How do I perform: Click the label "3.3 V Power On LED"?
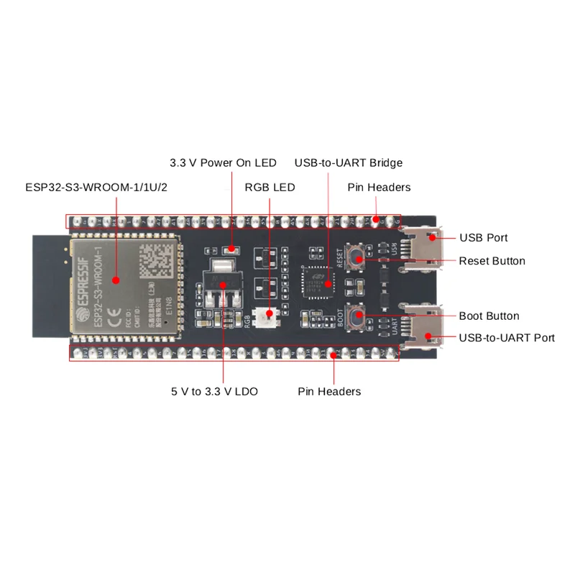pyautogui.click(x=223, y=163)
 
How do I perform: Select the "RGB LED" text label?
pyautogui.click(x=270, y=188)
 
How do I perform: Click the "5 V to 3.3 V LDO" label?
pyautogui.click(x=214, y=392)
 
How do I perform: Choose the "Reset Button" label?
pyautogui.click(x=492, y=261)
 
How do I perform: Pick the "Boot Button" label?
pyautogui.click(x=489, y=316)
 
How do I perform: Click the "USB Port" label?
pyautogui.click(x=484, y=237)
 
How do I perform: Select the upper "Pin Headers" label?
pyautogui.click(x=379, y=188)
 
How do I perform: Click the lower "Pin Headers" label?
pyautogui.click(x=329, y=392)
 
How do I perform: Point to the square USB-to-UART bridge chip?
pyautogui.click(x=317, y=281)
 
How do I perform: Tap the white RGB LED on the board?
pyautogui.click(x=270, y=314)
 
